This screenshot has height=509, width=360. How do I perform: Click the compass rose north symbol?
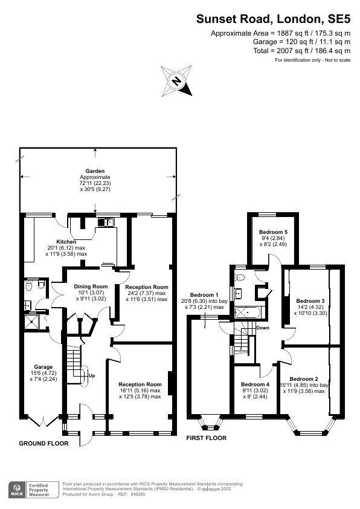click(x=176, y=81)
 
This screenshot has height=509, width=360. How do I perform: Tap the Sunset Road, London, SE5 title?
click(x=274, y=19)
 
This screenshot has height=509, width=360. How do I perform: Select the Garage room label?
click(x=43, y=367)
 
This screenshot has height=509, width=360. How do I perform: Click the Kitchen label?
click(x=66, y=242)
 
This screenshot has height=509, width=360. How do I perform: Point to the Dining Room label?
click(x=91, y=287)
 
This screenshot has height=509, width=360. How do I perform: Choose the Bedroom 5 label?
click(x=273, y=232)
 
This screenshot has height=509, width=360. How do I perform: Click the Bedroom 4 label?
click(x=255, y=384)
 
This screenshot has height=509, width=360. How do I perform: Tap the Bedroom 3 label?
click(x=310, y=301)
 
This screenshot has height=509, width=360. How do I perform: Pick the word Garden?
click(x=95, y=171)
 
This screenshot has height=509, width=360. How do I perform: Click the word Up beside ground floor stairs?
click(x=92, y=375)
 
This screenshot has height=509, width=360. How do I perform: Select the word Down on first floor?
click(x=263, y=328)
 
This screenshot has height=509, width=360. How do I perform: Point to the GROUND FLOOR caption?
click(x=43, y=444)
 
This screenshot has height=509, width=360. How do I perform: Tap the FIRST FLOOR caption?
click(x=206, y=438)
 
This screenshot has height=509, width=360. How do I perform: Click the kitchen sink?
click(x=106, y=222)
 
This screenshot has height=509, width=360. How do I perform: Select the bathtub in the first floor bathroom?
click(x=247, y=313)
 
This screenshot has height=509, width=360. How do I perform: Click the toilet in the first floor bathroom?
click(x=240, y=277)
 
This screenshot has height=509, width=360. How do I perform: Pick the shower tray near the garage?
click(x=31, y=322)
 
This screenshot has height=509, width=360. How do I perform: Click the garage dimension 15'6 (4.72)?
click(x=43, y=373)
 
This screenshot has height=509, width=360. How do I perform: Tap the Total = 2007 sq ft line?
click(x=302, y=51)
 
